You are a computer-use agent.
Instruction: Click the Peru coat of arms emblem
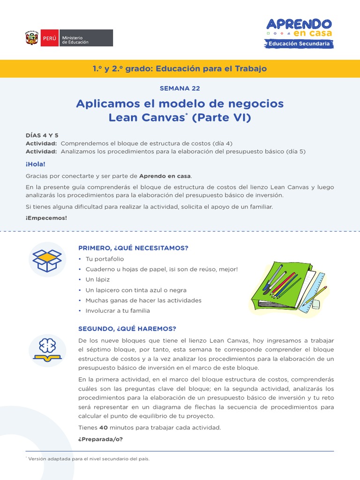(32, 38)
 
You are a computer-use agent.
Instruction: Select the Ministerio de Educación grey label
(86, 38)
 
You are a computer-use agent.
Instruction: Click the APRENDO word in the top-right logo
(299, 24)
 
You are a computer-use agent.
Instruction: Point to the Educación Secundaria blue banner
(299, 44)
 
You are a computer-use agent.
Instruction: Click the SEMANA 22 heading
(180, 88)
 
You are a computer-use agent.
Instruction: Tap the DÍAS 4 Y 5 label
(42, 135)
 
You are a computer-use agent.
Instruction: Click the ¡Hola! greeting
(36, 164)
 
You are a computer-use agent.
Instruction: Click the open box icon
(47, 259)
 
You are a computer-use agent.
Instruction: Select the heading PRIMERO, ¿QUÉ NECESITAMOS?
(136, 248)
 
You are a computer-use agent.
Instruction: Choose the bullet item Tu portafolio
(105, 259)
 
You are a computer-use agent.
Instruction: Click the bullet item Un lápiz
(97, 279)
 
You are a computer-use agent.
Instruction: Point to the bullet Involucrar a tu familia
(118, 310)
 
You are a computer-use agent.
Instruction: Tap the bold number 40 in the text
(104, 427)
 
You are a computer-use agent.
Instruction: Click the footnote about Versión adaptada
(89, 458)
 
